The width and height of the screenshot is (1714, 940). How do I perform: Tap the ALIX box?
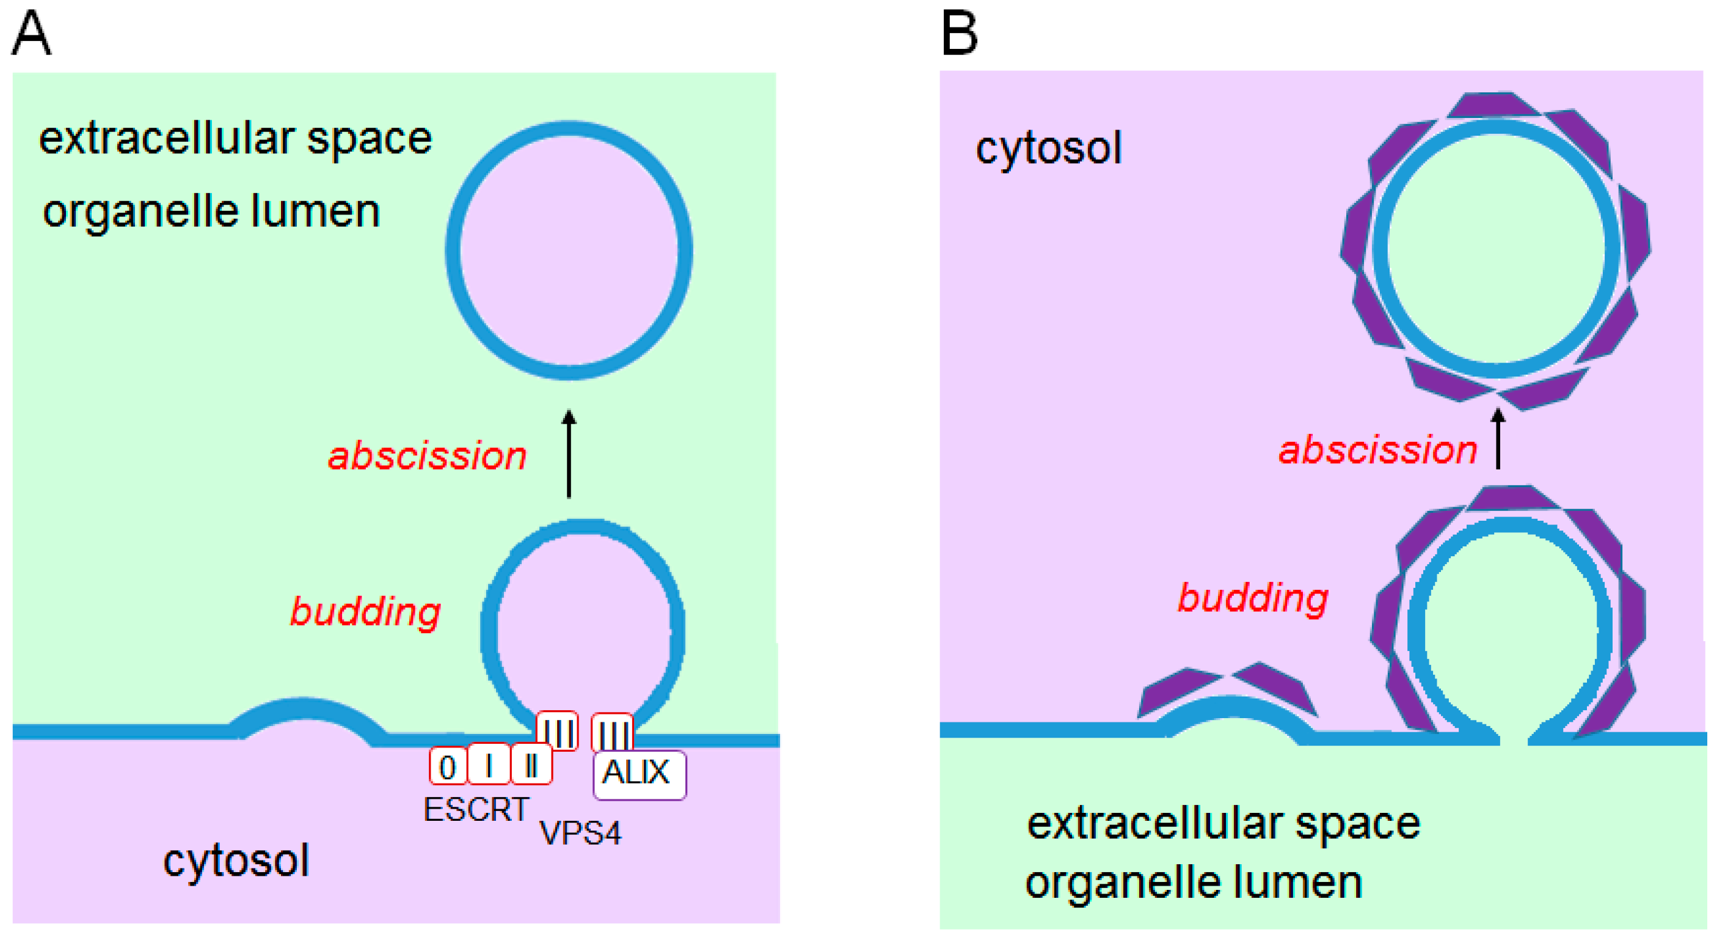(639, 774)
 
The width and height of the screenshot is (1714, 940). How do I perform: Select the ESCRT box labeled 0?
(448, 767)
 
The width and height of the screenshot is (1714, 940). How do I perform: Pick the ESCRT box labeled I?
(489, 764)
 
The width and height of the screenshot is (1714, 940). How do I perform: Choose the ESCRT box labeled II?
(531, 764)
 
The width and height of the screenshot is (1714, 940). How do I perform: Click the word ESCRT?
(476, 810)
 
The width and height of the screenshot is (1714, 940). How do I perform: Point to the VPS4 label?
(580, 833)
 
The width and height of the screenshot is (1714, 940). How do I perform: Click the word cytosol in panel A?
(236, 860)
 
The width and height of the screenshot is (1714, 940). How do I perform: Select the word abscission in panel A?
(427, 456)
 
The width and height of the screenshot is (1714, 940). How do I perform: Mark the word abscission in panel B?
(1378, 450)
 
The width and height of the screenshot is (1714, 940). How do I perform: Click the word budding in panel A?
(365, 611)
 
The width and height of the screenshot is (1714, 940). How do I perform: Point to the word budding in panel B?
(1253, 597)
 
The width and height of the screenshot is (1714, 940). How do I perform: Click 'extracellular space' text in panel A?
(236, 139)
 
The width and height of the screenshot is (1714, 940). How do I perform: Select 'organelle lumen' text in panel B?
(1194, 883)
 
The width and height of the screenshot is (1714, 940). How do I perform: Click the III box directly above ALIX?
(612, 732)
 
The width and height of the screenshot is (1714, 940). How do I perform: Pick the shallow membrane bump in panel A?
(305, 716)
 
